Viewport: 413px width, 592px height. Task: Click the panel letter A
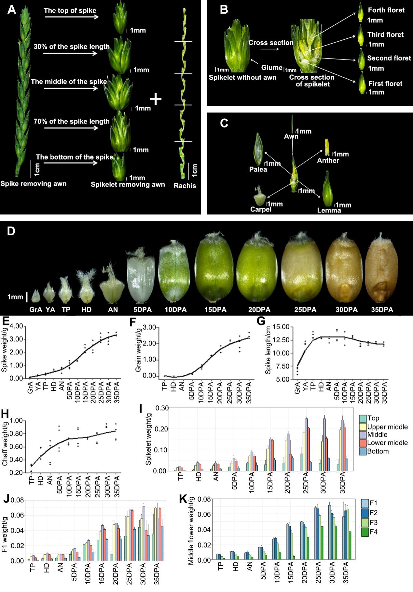(x=12, y=10)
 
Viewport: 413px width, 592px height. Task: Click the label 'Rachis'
(x=185, y=186)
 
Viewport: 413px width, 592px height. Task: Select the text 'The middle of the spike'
(x=69, y=82)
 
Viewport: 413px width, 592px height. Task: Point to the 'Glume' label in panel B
(x=271, y=67)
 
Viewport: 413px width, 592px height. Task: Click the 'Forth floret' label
(x=386, y=10)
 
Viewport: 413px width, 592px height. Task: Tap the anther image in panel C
(x=327, y=147)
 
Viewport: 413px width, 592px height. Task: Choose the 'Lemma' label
(x=329, y=210)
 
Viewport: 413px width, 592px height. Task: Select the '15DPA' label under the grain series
(x=215, y=309)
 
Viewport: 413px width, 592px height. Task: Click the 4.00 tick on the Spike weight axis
(x=17, y=326)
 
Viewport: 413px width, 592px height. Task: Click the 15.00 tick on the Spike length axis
(x=281, y=326)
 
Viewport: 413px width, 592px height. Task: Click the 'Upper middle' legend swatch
(x=363, y=427)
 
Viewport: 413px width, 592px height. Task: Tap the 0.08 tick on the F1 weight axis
(x=17, y=500)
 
